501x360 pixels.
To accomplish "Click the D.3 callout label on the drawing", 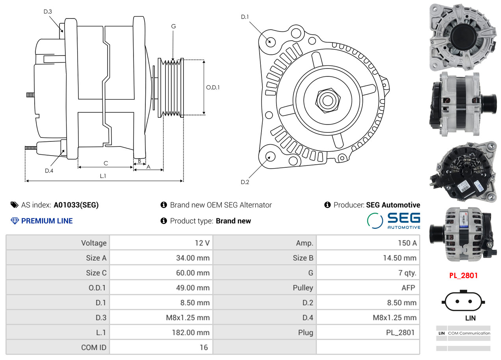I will [48, 12].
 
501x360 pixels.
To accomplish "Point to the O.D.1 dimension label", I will [213, 87].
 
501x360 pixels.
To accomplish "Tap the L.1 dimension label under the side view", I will [103, 176].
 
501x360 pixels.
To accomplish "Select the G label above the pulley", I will [173, 26].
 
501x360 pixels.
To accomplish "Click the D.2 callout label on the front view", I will [245, 182].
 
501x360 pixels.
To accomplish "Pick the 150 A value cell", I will [368, 243].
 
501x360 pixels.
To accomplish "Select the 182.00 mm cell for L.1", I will [161, 332].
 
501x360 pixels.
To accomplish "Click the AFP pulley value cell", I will [368, 288].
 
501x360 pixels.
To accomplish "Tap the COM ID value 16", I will [161, 347].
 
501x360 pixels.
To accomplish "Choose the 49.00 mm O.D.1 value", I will [161, 288].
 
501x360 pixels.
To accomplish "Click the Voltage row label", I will [58, 243].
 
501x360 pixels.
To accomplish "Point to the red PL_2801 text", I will [463, 276].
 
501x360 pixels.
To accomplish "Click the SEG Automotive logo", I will [393, 221].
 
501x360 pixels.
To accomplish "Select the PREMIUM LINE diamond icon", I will [15, 221].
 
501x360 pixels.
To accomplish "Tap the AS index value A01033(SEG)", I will [76, 205].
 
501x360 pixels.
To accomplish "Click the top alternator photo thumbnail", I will [462, 36].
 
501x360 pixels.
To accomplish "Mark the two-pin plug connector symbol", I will [463, 302].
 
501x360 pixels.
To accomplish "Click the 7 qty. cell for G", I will [368, 273].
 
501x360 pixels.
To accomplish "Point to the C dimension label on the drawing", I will [106, 163].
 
